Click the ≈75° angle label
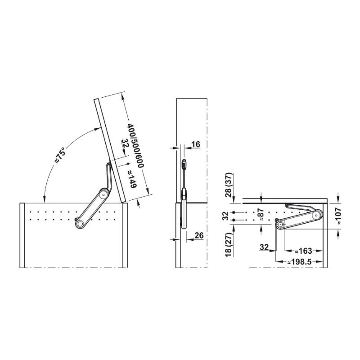pyautogui.click(x=60, y=154)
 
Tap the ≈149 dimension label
pyautogui.click(x=132, y=179)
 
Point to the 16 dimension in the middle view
pyautogui.click(x=196, y=144)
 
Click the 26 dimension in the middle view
pyautogui.click(x=199, y=235)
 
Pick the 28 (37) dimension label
pyautogui.click(x=229, y=185)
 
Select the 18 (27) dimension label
pyautogui.click(x=229, y=244)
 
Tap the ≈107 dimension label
pyautogui.click(x=338, y=216)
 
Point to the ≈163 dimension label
pyautogui.click(x=304, y=251)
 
